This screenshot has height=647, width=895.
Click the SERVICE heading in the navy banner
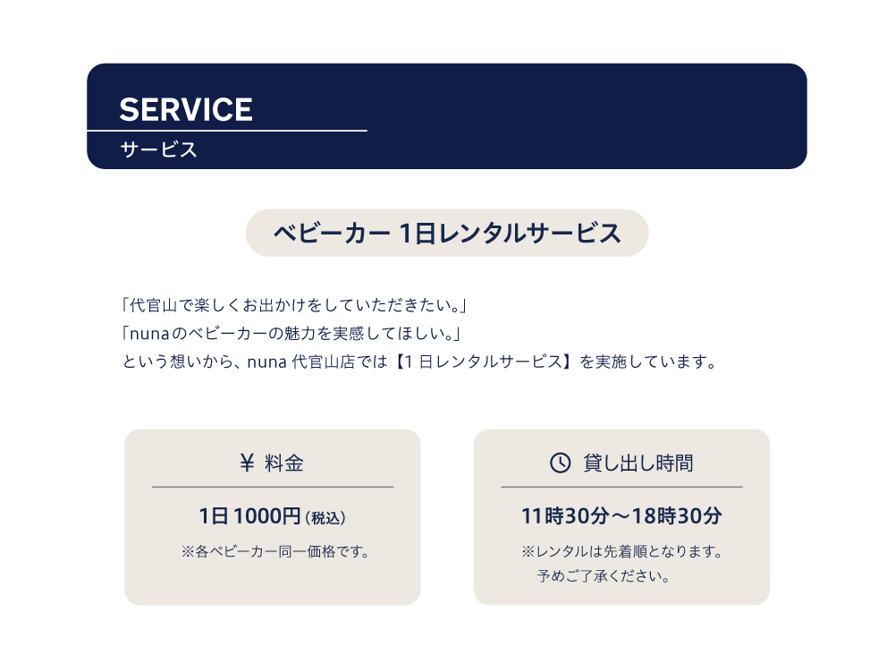185,109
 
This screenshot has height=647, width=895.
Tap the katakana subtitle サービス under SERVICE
158,149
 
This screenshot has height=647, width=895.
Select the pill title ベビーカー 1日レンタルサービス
447,233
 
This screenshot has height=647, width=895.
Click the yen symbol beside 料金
247,463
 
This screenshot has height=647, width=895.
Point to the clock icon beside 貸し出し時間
560,463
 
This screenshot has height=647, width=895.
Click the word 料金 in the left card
284,463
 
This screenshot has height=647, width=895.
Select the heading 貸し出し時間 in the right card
638,463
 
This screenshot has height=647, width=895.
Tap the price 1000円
266,516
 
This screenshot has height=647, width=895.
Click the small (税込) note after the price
325,518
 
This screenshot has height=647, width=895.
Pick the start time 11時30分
565,516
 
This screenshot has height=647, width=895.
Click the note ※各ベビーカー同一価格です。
275,551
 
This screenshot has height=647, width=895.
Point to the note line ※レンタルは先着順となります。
622,551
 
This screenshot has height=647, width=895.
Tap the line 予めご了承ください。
604,576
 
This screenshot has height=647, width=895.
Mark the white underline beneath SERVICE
226,131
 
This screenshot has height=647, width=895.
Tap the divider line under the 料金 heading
273,487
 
